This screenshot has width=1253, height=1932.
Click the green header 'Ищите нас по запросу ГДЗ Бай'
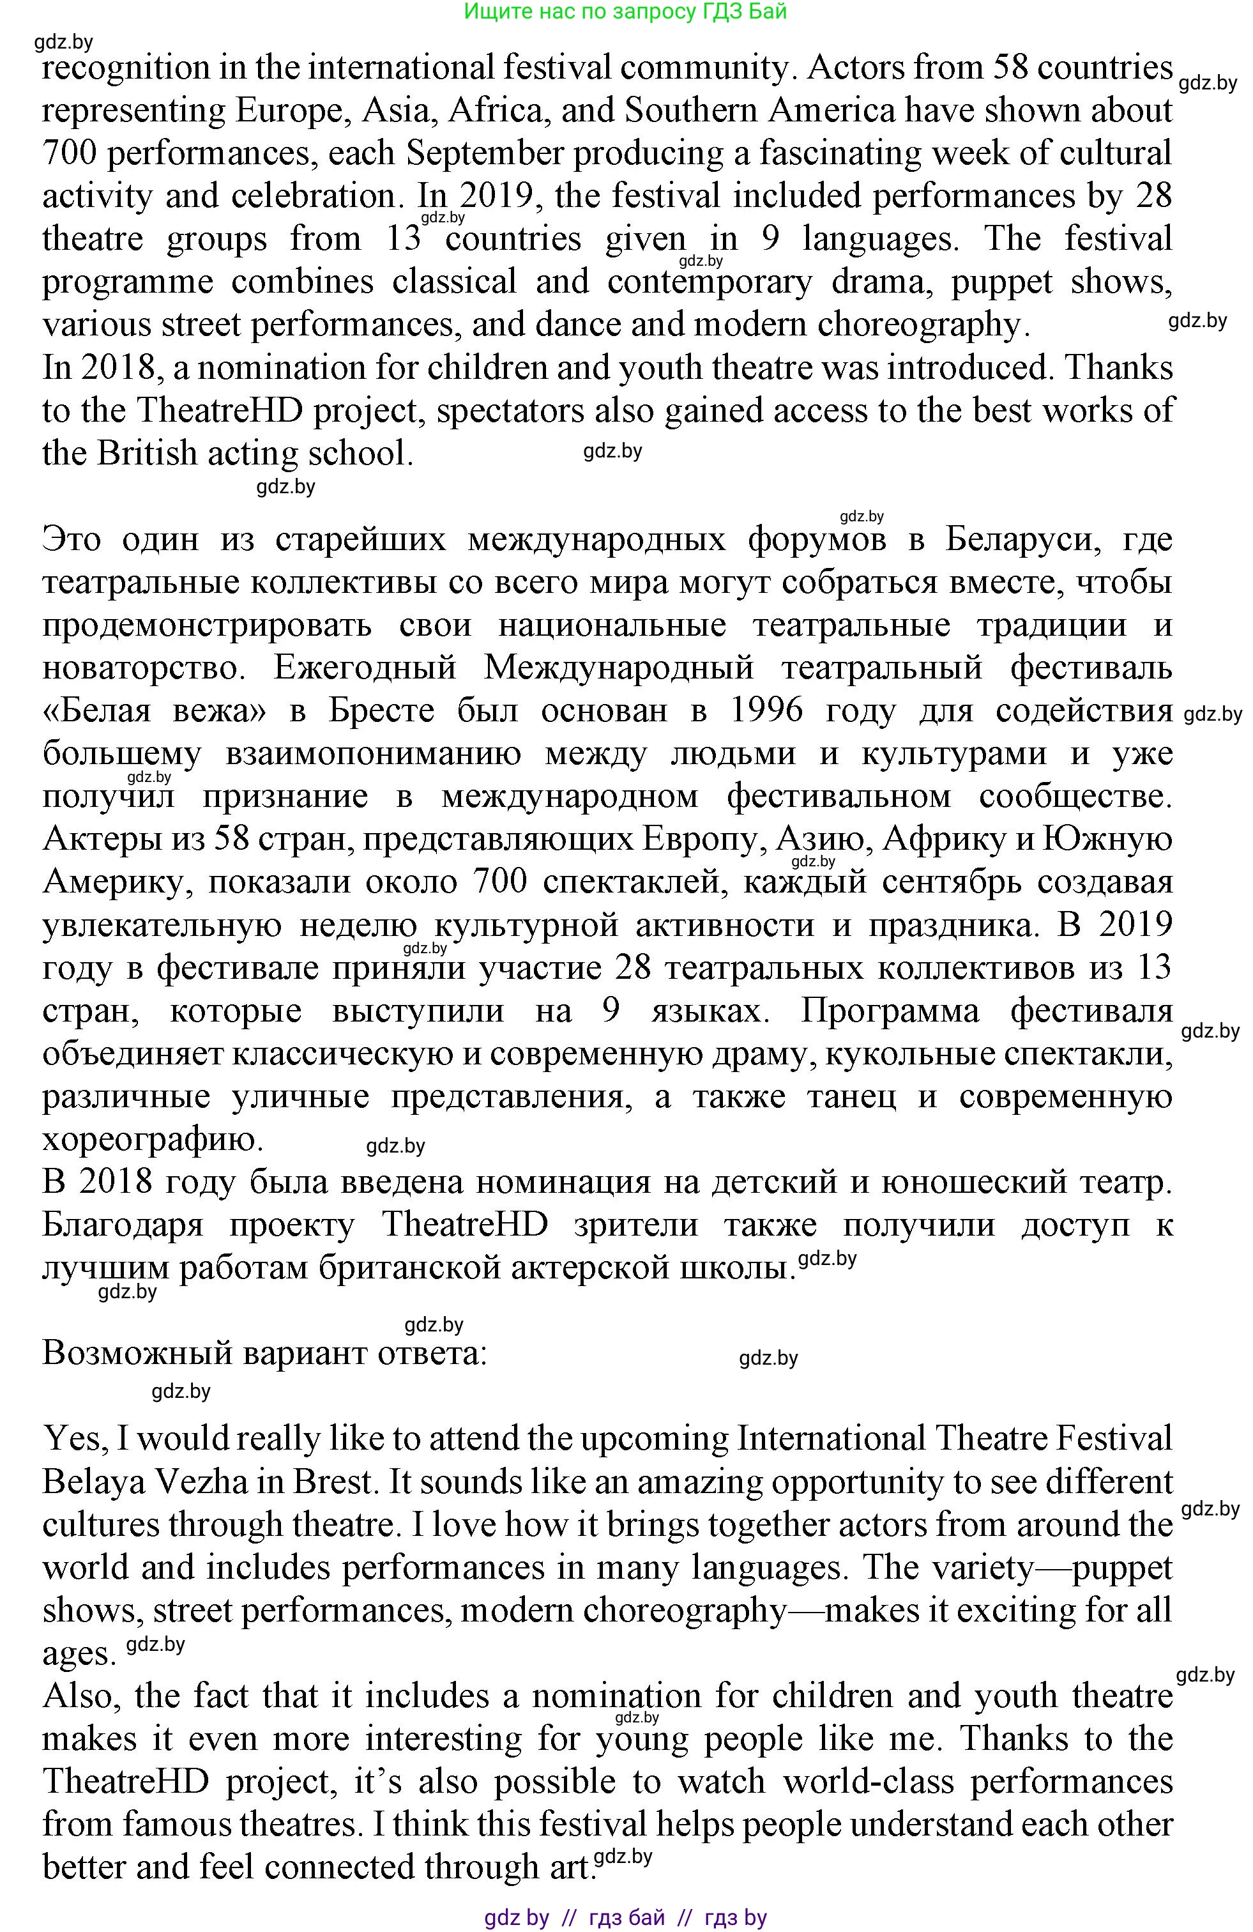point(625,11)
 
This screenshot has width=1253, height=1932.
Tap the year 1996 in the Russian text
point(766,710)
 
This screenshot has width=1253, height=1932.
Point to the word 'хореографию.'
point(153,1139)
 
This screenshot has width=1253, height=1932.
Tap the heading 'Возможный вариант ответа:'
point(264,1353)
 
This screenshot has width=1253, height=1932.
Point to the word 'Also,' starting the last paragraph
point(83,1696)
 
